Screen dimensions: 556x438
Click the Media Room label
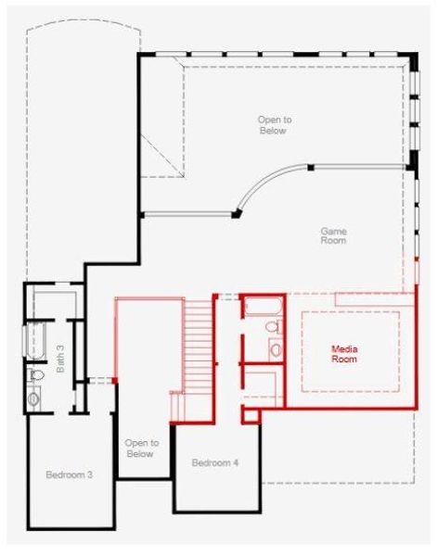344,353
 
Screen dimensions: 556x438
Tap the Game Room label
333,235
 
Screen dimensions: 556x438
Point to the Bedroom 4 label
215,462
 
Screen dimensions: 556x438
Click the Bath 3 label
59,359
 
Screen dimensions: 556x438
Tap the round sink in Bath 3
34,399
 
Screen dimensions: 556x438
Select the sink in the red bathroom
276,349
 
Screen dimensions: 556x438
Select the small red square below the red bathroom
251,413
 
